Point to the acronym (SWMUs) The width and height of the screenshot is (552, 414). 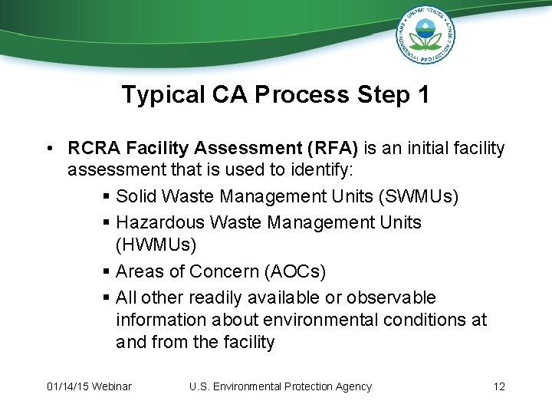pyautogui.click(x=418, y=197)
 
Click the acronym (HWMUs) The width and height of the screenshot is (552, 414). pyautogui.click(x=156, y=245)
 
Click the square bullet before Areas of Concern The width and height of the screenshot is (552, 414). pyautogui.click(x=107, y=272)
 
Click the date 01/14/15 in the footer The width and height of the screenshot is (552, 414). pyautogui.click(x=67, y=386)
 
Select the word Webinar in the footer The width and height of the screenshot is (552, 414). pyautogui.click(x=112, y=386)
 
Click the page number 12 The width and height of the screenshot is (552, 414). pyautogui.click(x=499, y=386)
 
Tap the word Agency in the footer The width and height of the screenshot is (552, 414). pyautogui.click(x=352, y=386)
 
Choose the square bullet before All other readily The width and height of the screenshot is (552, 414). pyautogui.click(x=107, y=297)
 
